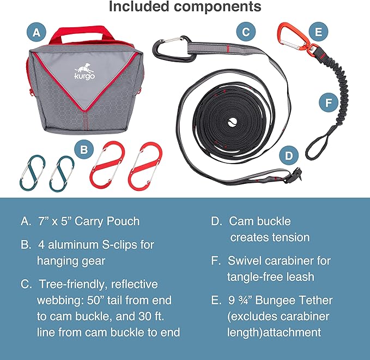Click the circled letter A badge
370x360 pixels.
point(37,32)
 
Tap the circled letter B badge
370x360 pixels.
point(84,149)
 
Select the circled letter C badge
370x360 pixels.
point(246,32)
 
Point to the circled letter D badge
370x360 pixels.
point(289,155)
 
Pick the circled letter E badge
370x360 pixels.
point(318,32)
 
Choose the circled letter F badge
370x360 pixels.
point(329,103)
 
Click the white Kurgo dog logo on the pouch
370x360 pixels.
point(84,71)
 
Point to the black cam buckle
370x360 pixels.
point(293,176)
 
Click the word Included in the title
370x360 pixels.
point(139,7)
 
